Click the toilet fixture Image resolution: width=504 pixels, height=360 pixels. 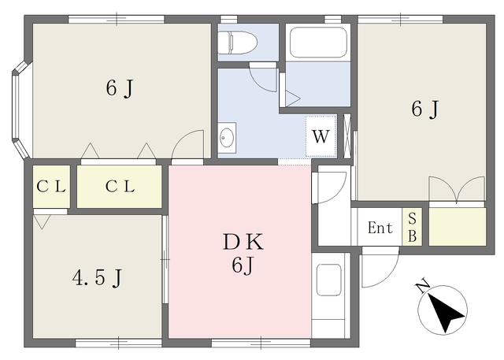click(x=237, y=43)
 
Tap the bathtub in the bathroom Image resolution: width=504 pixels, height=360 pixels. click(x=318, y=42)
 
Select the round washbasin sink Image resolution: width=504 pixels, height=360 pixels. click(x=227, y=138)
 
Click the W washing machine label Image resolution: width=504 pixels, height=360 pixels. click(x=321, y=136)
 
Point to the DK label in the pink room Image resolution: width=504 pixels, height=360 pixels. click(x=243, y=242)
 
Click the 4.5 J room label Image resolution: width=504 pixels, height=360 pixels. click(x=97, y=278)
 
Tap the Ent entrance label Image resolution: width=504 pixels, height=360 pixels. click(x=380, y=228)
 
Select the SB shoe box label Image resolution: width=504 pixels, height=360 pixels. click(x=413, y=228)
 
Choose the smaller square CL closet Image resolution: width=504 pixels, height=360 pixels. click(x=51, y=187)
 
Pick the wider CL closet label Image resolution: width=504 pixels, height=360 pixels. click(x=120, y=187)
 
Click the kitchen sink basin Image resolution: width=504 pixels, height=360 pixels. click(x=329, y=280)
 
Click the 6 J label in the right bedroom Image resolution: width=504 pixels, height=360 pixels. click(x=425, y=109)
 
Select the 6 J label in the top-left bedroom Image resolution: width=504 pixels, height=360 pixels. click(x=120, y=88)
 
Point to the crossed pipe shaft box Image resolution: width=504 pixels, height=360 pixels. click(x=347, y=136)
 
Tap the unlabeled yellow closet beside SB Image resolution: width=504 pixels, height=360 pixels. click(x=458, y=227)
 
